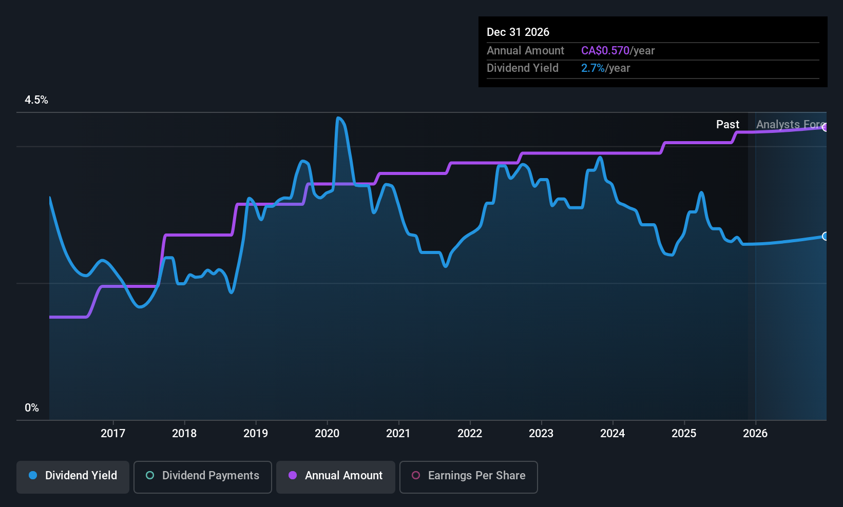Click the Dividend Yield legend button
(x=73, y=476)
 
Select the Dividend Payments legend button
(x=203, y=476)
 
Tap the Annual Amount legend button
(x=336, y=476)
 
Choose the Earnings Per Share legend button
(x=468, y=476)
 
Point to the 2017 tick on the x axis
(x=113, y=433)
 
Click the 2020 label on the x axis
(x=327, y=433)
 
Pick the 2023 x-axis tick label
(x=541, y=433)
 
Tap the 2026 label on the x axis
(x=755, y=433)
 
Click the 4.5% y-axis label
(x=36, y=100)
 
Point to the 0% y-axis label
(x=32, y=408)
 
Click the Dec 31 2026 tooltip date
(x=518, y=32)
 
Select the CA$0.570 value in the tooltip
(x=605, y=50)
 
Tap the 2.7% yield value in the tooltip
(x=592, y=68)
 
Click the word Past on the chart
(x=727, y=124)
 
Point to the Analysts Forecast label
(x=790, y=124)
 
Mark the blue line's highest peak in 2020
(x=338, y=118)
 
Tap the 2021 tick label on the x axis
(x=398, y=433)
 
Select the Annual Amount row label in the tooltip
(x=525, y=50)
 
